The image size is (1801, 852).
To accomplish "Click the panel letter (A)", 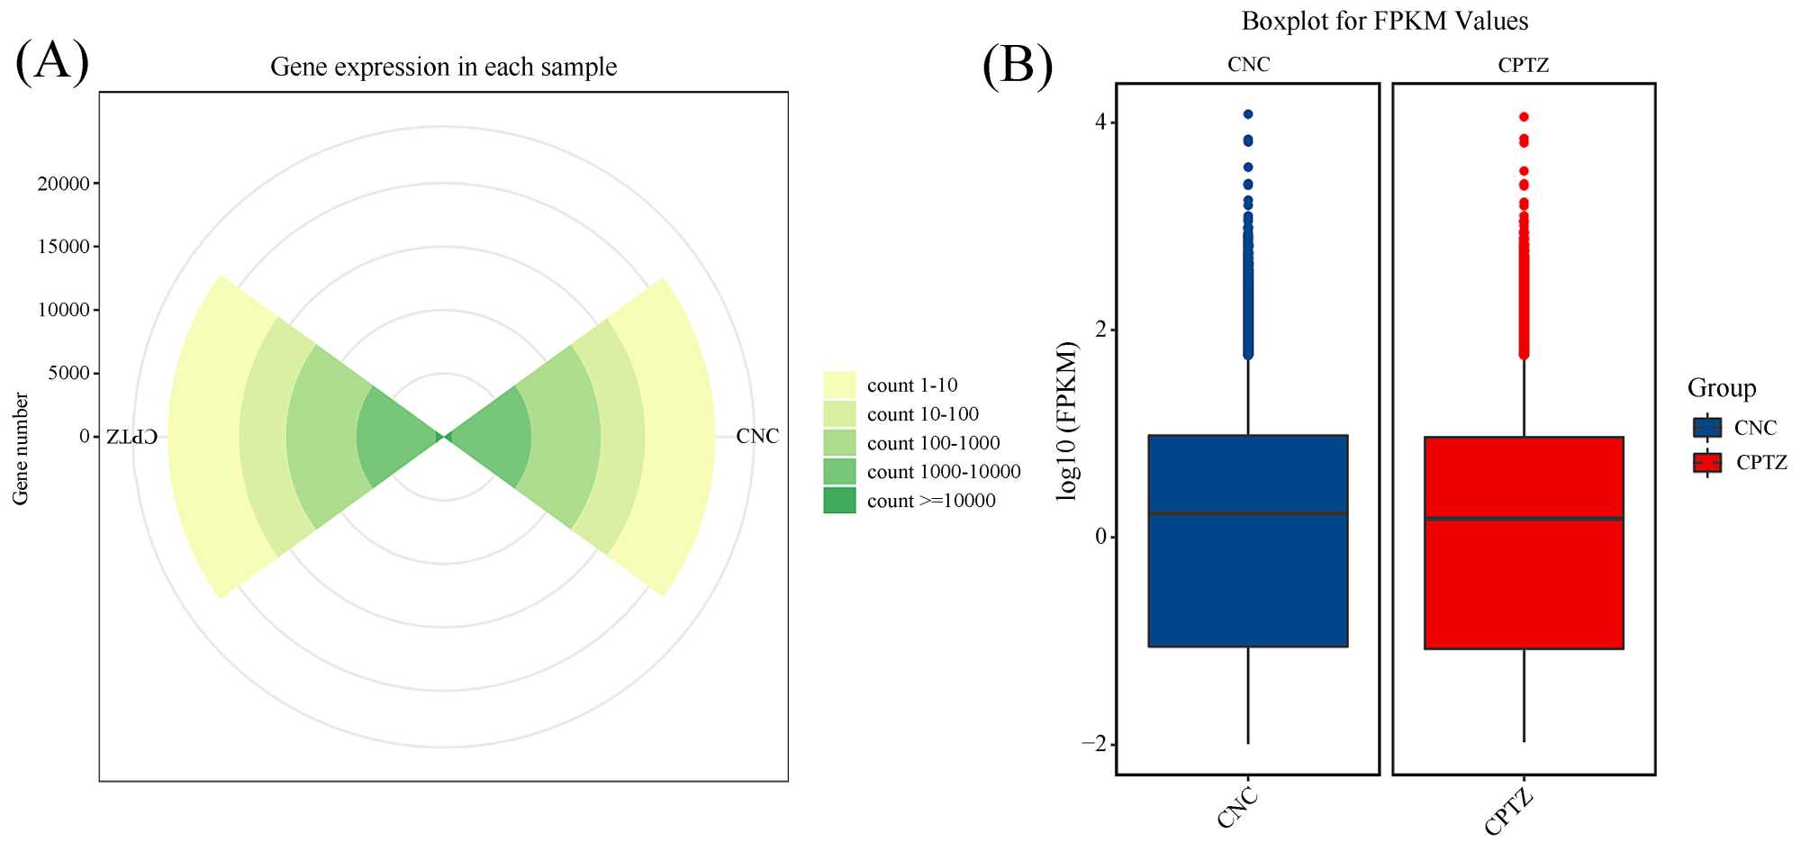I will pyautogui.click(x=52, y=61).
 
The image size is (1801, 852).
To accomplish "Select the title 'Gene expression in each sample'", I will pyautogui.click(x=443, y=67).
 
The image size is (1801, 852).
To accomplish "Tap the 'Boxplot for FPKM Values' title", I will pyautogui.click(x=1384, y=21).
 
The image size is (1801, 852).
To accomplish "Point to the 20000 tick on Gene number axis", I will pyautogui.click(x=64, y=184).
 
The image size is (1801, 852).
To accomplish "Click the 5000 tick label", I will pyautogui.click(x=68, y=373).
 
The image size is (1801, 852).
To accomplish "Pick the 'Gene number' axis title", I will pyautogui.click(x=21, y=449).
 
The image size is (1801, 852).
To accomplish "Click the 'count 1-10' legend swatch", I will pyautogui.click(x=838, y=385).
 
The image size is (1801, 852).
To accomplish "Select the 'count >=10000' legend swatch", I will pyautogui.click(x=838, y=501).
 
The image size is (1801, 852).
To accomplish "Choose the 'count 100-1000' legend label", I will pyautogui.click(x=933, y=443).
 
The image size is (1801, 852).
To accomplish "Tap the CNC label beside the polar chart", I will pyautogui.click(x=756, y=436).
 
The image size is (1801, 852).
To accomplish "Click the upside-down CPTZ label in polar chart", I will pyautogui.click(x=131, y=437).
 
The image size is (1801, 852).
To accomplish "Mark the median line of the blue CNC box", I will pyautogui.click(x=1247, y=513).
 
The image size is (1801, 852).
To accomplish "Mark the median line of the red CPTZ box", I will pyautogui.click(x=1523, y=519).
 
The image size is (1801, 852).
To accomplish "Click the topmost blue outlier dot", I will pyautogui.click(x=1248, y=114).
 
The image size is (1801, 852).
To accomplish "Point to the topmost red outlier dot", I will pyautogui.click(x=1524, y=117).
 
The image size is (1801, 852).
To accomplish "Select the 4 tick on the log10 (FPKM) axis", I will pyautogui.click(x=1100, y=122).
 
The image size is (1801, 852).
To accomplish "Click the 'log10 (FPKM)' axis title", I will pyautogui.click(x=1067, y=421).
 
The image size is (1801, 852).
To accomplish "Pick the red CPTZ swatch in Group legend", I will pyautogui.click(x=1706, y=463).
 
